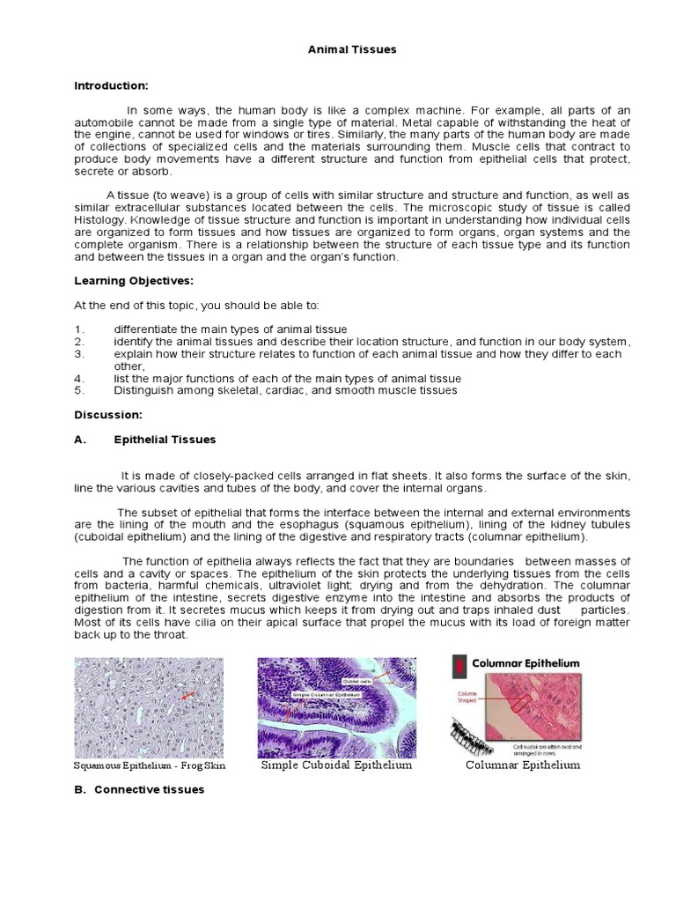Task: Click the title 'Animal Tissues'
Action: click(x=352, y=49)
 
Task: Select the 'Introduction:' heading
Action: click(x=111, y=85)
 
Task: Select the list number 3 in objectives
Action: click(x=78, y=354)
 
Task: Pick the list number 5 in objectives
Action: click(x=78, y=390)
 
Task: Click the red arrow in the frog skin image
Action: click(x=186, y=696)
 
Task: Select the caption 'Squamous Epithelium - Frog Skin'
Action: click(x=150, y=766)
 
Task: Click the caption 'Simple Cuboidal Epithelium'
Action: click(x=337, y=765)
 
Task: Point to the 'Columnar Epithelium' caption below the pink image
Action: click(x=523, y=765)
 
